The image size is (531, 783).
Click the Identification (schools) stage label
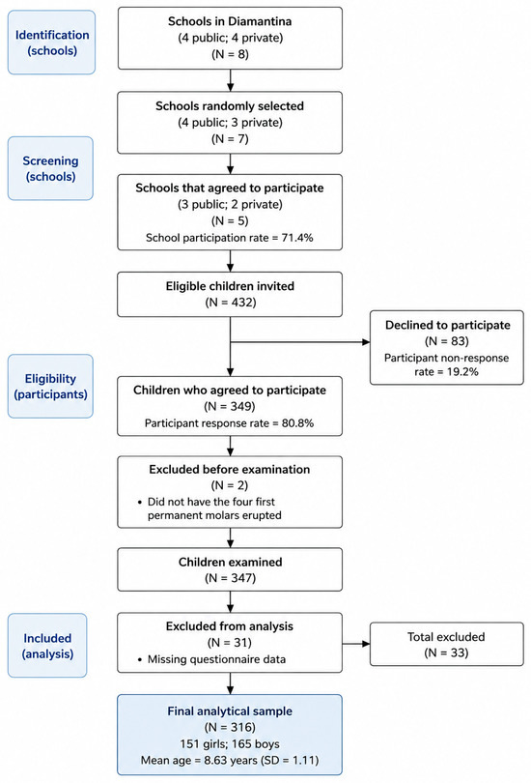tap(51, 43)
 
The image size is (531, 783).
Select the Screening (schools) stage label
tap(50, 168)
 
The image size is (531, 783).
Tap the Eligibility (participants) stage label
tap(50, 386)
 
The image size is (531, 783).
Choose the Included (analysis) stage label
tap(47, 645)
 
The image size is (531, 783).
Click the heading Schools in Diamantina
tap(230, 21)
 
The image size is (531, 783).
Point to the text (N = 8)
tap(230, 54)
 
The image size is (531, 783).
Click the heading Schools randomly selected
tap(230, 106)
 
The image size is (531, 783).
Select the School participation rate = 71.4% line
tap(230, 238)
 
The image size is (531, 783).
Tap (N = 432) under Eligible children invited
tap(231, 303)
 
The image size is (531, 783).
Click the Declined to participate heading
tap(448, 325)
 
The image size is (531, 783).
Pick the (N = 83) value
tap(447, 341)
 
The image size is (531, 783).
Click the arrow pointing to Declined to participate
tap(300, 342)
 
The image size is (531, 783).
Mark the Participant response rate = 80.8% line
tap(230, 423)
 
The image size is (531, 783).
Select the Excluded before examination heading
tap(230, 470)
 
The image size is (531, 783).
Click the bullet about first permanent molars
tap(210, 508)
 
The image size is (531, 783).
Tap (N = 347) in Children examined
tap(231, 578)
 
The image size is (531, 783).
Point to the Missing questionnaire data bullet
tap(211, 659)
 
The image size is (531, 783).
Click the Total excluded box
tap(447, 644)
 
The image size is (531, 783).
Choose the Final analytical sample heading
tap(230, 711)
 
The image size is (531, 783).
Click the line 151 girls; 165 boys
tap(230, 744)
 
